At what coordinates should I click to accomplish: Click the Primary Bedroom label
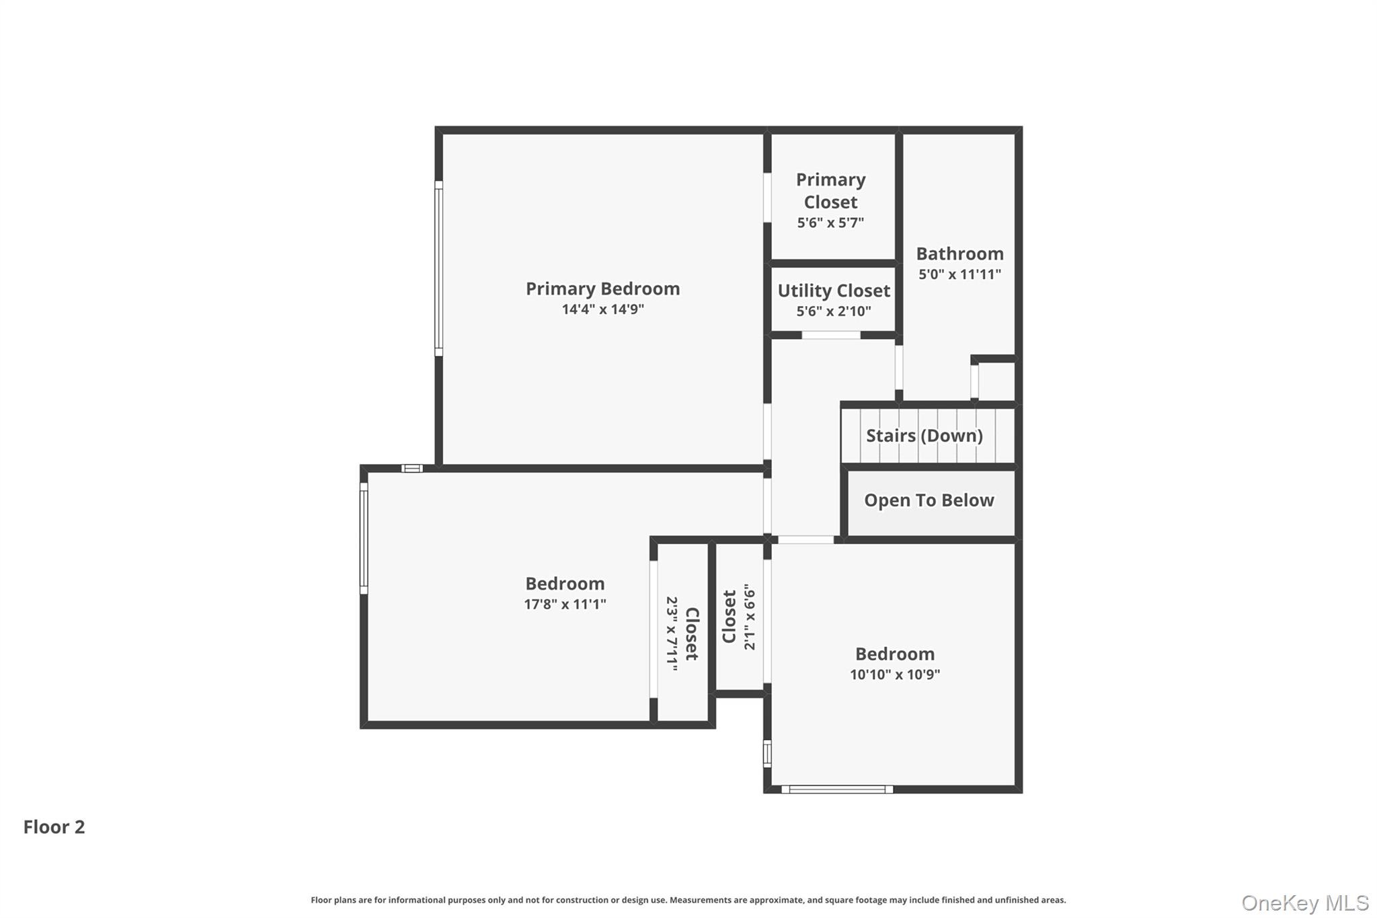602,289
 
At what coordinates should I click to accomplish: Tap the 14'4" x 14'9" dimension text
602,309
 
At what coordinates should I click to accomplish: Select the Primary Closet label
831,191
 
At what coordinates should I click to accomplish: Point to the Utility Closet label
834,291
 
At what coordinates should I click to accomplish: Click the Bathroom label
959,254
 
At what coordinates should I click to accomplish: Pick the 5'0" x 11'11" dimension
959,274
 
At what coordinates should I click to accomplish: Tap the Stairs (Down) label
924,436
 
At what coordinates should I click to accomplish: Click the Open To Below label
929,500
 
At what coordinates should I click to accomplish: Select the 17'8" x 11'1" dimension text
565,604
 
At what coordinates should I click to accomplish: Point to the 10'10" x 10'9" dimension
895,675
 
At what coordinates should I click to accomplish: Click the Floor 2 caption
54,827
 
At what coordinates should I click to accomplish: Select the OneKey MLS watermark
1304,903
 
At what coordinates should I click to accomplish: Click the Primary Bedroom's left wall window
438,268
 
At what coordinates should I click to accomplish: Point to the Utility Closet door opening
831,335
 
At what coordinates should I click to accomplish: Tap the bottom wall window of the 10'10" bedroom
837,790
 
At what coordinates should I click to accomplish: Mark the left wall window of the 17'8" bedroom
364,538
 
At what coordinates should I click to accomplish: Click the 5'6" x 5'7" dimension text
831,223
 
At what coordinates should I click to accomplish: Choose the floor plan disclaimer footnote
688,900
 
